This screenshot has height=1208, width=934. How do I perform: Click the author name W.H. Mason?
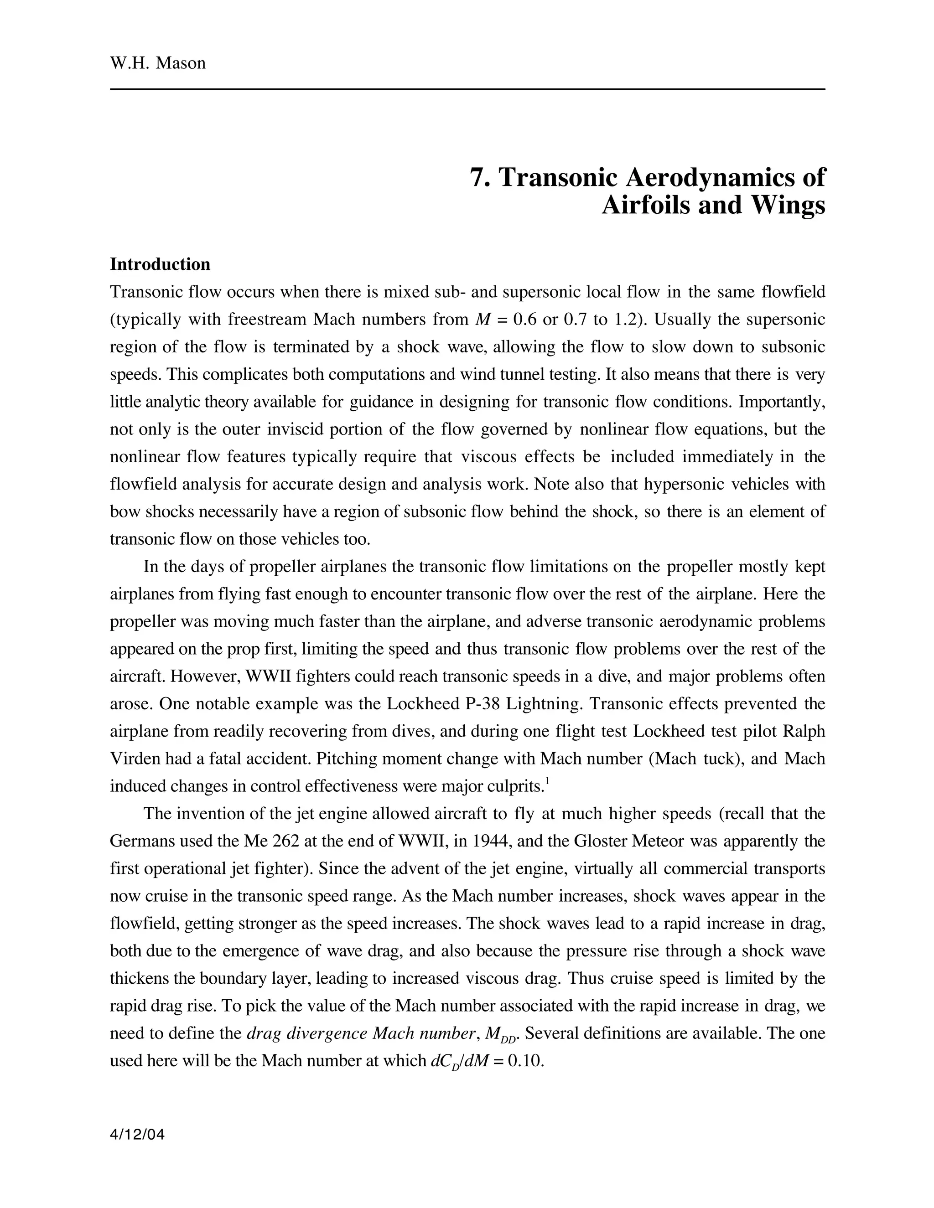pos(158,63)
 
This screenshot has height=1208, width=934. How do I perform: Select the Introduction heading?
pos(160,264)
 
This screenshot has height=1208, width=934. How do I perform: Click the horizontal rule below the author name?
pos(467,89)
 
